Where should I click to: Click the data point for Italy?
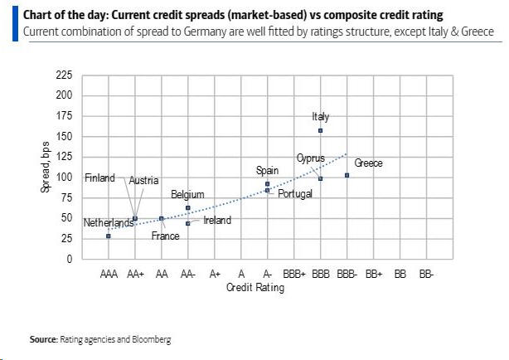[x=320, y=131]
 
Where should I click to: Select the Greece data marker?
[x=347, y=175]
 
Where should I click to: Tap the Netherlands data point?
[x=109, y=236]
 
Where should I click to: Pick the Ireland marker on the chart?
[x=188, y=223]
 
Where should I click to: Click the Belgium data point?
[x=188, y=207]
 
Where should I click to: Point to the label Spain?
[x=267, y=170]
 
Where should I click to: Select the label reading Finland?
[x=99, y=178]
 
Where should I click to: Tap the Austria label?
[x=143, y=180]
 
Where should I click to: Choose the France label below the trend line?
[x=165, y=236]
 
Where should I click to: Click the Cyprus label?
[x=310, y=158]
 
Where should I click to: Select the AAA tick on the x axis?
[x=109, y=273]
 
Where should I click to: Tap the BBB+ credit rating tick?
[x=293, y=273]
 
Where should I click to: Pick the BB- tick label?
[x=426, y=273]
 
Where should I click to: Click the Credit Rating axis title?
[x=254, y=288]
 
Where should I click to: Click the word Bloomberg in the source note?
[x=150, y=339]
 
